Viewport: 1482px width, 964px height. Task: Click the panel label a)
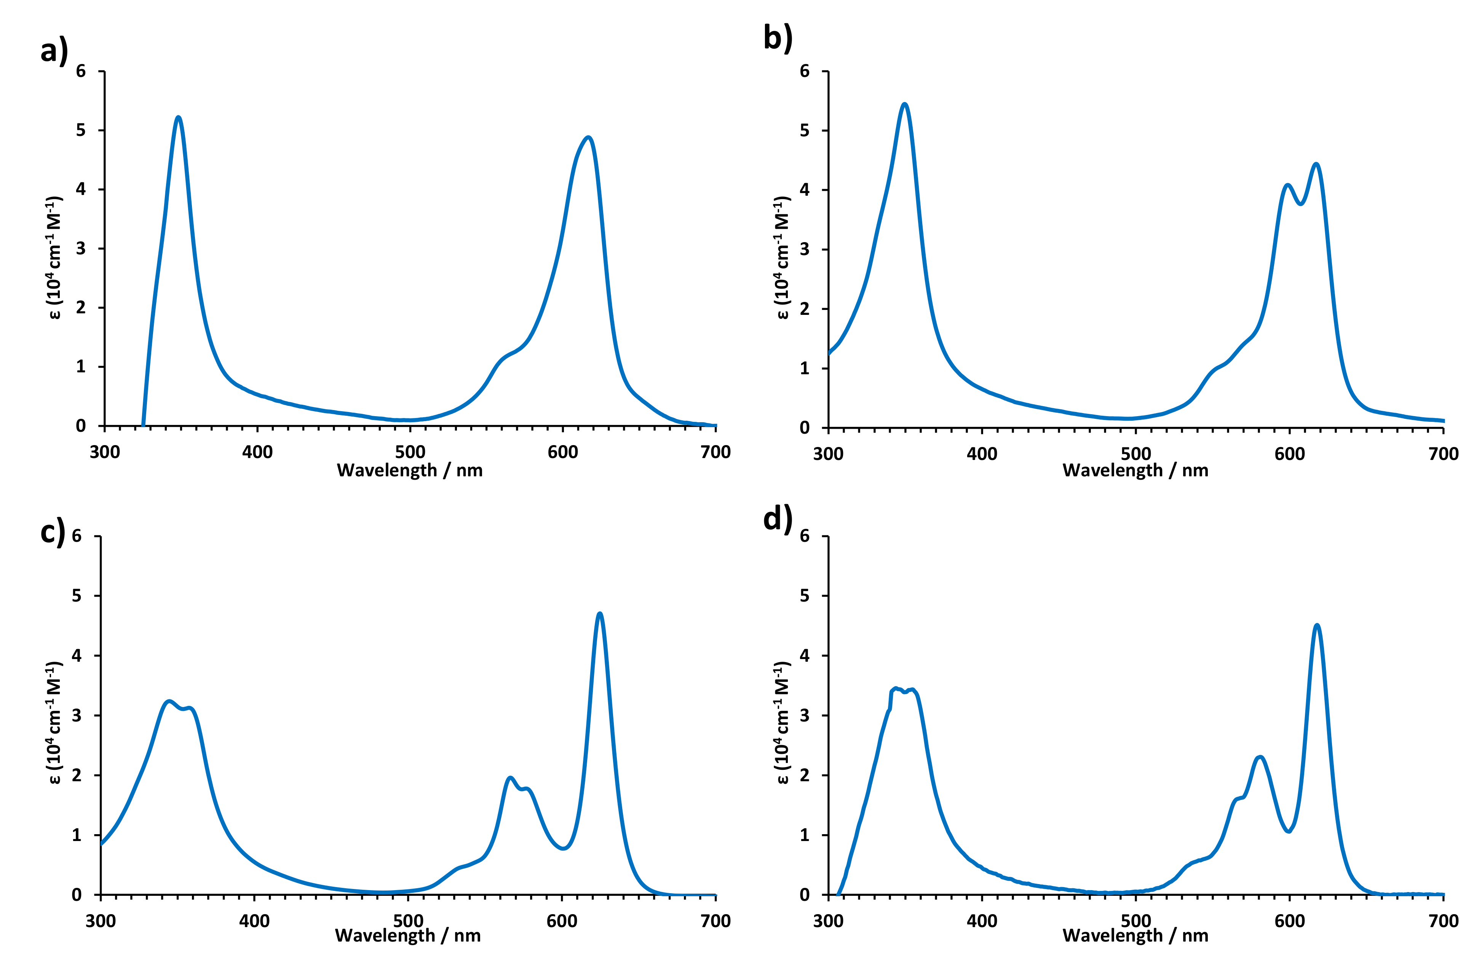pos(54,50)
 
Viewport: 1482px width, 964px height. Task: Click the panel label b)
pos(778,37)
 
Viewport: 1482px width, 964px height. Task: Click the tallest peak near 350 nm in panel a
pos(179,117)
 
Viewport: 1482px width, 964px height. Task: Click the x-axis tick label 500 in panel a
pos(410,452)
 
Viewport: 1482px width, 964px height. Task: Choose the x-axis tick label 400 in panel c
pos(254,921)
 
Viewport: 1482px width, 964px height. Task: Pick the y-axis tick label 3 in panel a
pos(81,249)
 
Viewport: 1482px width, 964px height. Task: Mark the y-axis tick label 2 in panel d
pos(805,775)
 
